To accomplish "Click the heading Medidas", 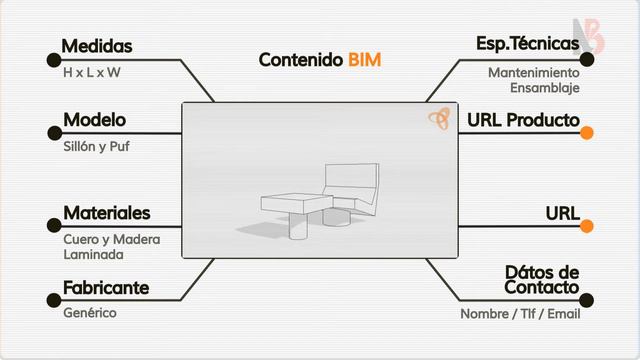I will [97, 46].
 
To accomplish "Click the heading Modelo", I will [94, 120].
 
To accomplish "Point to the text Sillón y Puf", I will [96, 146].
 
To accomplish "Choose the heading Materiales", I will [106, 213].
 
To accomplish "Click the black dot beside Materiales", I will [54, 225].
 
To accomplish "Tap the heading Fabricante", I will [106, 288].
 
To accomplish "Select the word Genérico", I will [90, 313].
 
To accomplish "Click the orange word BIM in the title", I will [365, 60].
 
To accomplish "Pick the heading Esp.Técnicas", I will [527, 44].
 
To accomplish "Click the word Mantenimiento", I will [533, 73].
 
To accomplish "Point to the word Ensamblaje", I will [544, 88].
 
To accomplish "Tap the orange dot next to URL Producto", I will [587, 132].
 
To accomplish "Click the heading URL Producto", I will [523, 120].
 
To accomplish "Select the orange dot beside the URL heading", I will [587, 225].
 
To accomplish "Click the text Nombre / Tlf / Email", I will [520, 314].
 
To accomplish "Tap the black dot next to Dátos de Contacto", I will [587, 300].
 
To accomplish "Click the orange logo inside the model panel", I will [438, 119].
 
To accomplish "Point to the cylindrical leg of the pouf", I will [297, 228].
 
